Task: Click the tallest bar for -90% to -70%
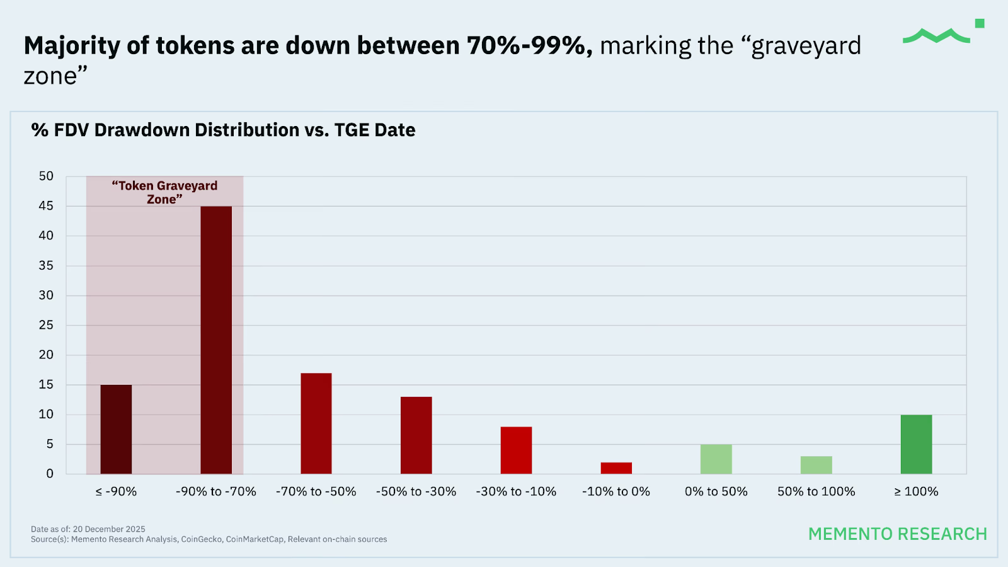click(216, 340)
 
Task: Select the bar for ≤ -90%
click(116, 429)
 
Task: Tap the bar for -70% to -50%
click(316, 423)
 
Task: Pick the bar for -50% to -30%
click(416, 435)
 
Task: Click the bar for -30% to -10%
click(516, 450)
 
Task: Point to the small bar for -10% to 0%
click(616, 468)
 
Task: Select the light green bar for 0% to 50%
click(716, 459)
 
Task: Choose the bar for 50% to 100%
click(816, 465)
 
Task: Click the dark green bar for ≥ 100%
click(916, 444)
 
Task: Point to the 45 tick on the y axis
click(46, 206)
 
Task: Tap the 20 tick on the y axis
click(46, 355)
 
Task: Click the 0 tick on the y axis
click(50, 474)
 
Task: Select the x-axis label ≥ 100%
click(916, 491)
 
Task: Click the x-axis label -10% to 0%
click(616, 491)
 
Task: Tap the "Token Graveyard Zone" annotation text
click(164, 192)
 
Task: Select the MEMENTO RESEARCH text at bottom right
click(897, 534)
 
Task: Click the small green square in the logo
click(980, 23)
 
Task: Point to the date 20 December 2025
click(109, 529)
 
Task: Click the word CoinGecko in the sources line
click(202, 539)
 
